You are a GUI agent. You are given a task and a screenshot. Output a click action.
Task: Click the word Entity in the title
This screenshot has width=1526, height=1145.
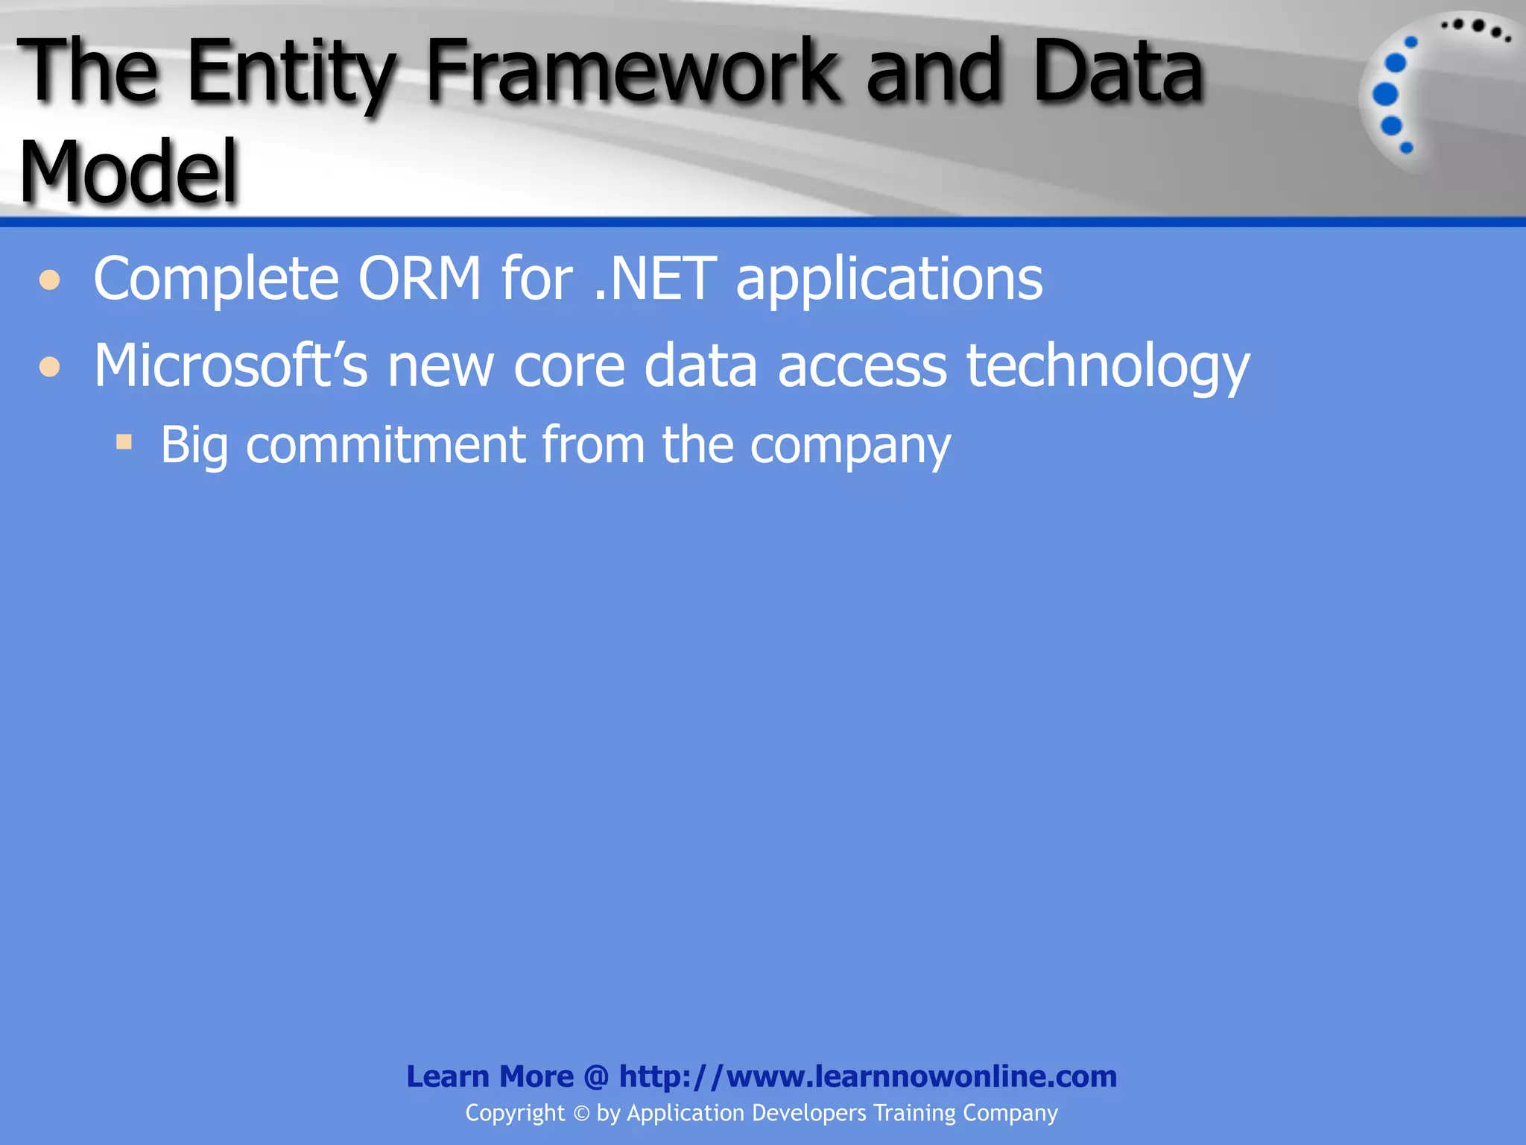(291, 73)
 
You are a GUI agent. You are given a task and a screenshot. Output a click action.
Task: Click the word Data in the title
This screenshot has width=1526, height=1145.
(1118, 73)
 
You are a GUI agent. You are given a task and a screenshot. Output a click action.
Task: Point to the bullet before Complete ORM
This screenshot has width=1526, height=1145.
(50, 280)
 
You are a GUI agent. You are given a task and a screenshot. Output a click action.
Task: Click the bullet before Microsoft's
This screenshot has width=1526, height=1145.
(50, 367)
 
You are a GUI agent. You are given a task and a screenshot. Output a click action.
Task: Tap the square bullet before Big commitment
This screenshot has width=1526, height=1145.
(124, 442)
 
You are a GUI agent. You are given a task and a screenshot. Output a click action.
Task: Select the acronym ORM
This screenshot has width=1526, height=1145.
(420, 279)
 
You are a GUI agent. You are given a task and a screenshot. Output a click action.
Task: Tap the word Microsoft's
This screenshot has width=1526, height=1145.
(230, 365)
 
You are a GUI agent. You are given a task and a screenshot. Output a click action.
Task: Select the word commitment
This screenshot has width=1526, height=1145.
(385, 445)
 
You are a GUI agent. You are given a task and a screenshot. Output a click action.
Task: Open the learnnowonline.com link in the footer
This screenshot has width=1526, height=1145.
(867, 1076)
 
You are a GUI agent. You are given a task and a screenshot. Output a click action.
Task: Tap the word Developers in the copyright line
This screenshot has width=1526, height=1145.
(809, 1113)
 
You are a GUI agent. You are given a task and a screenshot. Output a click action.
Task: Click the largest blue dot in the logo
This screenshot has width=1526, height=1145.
(1385, 95)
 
